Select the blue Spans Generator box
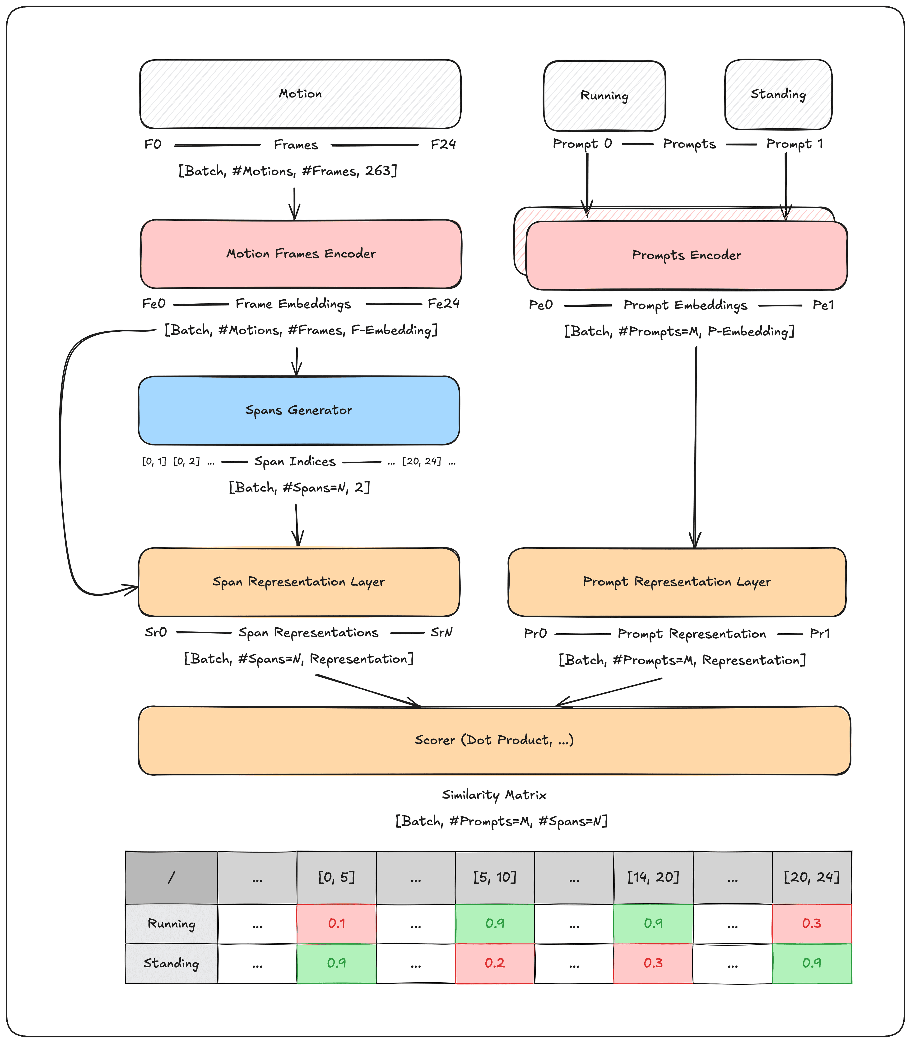pos(299,410)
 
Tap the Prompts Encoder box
pos(686,255)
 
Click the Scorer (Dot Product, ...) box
pos(494,740)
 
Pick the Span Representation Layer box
pos(299,582)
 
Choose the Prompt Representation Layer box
pos(677,582)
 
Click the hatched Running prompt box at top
pos(604,96)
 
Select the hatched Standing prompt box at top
pos(778,95)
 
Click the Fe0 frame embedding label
pos(153,304)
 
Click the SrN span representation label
pos(441,633)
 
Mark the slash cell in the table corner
pos(171,877)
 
